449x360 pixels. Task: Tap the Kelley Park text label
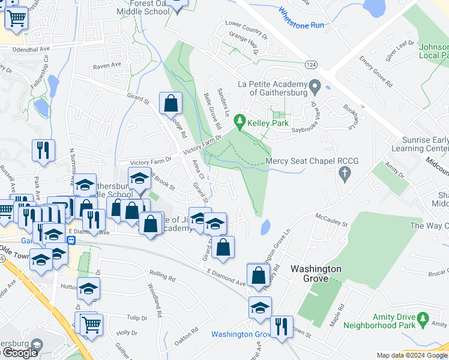[269, 123]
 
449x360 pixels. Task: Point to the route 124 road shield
[310, 64]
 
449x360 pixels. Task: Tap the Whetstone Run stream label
[301, 17]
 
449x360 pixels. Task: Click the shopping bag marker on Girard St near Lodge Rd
[171, 103]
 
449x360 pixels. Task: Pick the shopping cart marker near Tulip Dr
[91, 324]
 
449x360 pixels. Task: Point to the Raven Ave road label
[107, 65]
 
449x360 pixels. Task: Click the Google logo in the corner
[19, 353]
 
